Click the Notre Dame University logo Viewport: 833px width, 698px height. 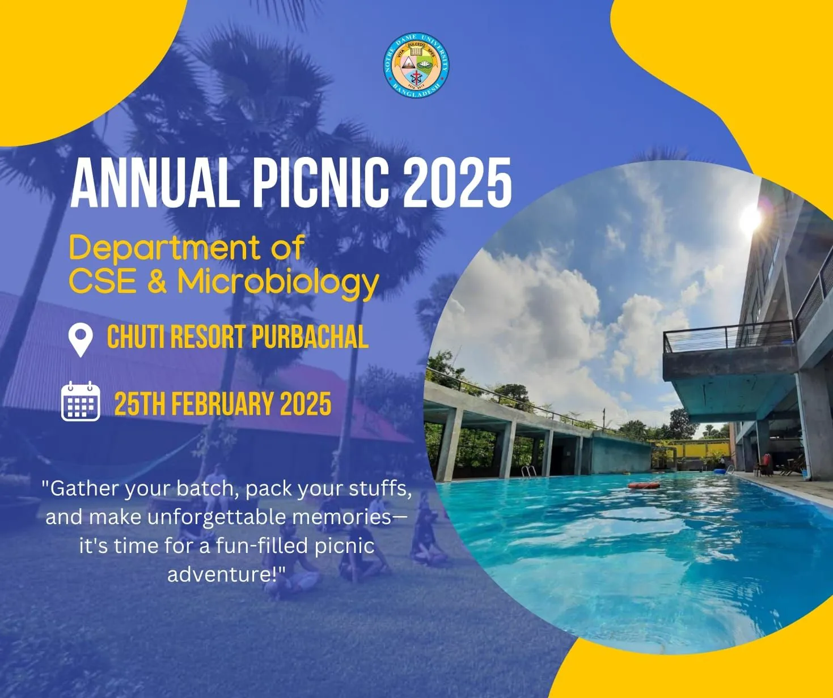click(x=416, y=65)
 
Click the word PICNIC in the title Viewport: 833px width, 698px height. click(x=322, y=182)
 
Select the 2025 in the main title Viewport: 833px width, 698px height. click(x=457, y=182)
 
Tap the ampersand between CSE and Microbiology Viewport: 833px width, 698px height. click(x=157, y=280)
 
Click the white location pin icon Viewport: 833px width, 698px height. click(x=81, y=340)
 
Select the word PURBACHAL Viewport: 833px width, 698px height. click(x=310, y=337)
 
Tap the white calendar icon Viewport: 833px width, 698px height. click(x=81, y=401)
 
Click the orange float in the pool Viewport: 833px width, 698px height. click(x=644, y=486)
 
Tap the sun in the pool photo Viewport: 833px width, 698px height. click(x=751, y=219)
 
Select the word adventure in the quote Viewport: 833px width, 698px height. click(x=219, y=574)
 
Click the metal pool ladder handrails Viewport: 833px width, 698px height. click(x=528, y=471)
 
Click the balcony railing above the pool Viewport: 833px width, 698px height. click(x=729, y=337)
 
